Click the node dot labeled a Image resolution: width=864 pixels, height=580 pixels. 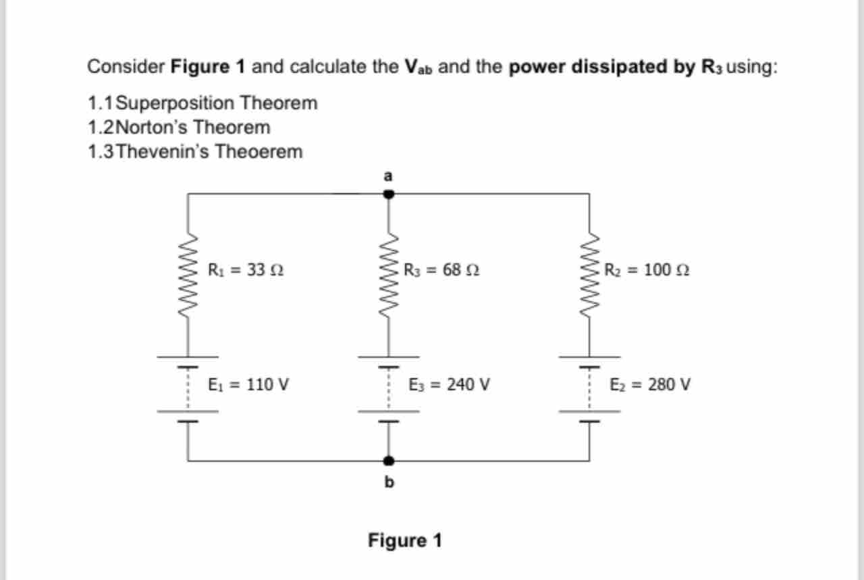(389, 194)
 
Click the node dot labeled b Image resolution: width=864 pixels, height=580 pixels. (389, 460)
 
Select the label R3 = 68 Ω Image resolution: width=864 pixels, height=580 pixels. (441, 270)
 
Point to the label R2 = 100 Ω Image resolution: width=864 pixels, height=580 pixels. (647, 270)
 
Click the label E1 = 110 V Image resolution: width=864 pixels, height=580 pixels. (249, 385)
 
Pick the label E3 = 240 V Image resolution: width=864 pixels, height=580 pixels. (450, 385)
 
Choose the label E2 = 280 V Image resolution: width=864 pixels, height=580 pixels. (650, 385)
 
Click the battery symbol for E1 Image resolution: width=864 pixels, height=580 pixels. (188, 388)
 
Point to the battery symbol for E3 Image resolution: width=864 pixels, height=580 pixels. (389, 388)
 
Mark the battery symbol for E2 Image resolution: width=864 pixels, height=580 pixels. (589, 388)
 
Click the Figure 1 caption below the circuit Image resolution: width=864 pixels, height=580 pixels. (404, 541)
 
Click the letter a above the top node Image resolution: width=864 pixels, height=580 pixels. (387, 176)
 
